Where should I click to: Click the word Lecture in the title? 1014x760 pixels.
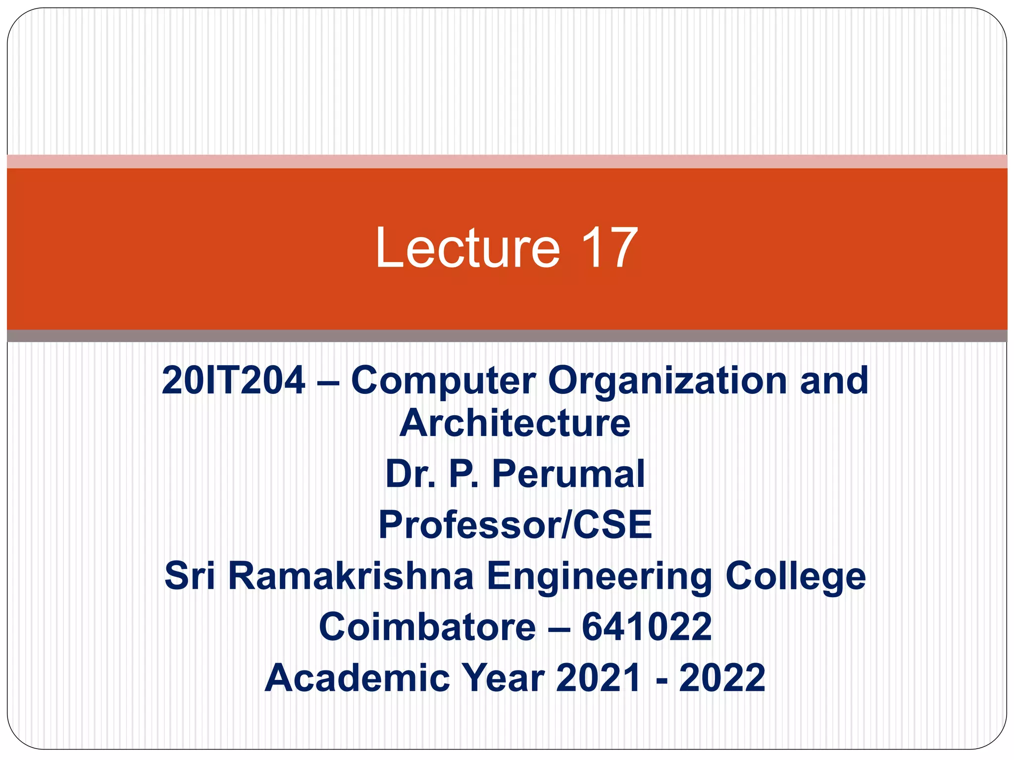pos(467,248)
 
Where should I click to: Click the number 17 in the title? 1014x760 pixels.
pos(608,248)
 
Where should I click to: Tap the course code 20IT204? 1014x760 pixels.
pos(233,380)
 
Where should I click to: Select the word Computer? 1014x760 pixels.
pos(443,380)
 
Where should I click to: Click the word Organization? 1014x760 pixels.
pos(667,380)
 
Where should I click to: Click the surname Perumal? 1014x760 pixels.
pos(568,474)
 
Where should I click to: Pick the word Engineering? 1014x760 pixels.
pos(599,577)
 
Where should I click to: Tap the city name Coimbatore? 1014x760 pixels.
pos(427,627)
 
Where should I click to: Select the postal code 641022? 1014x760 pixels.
pos(647,627)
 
